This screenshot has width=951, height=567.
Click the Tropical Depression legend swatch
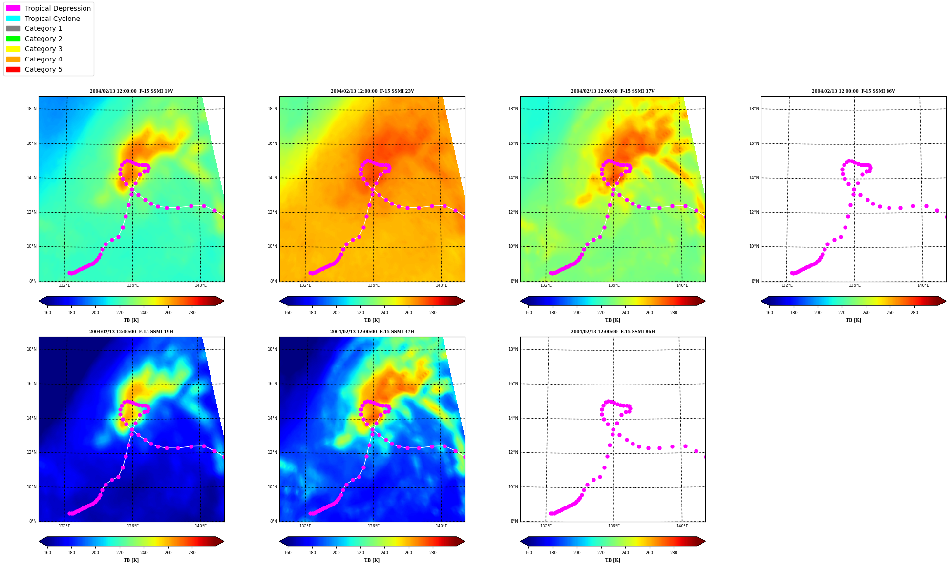coord(13,8)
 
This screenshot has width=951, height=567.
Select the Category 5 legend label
coord(43,69)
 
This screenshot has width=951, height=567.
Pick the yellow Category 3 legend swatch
coord(13,49)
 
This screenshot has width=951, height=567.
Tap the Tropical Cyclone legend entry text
coord(52,19)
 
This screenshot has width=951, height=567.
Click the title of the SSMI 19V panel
coord(131,91)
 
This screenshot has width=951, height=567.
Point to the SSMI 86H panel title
coord(613,332)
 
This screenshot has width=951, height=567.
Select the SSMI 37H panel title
coord(372,332)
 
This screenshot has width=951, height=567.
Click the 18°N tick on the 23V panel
coord(273,109)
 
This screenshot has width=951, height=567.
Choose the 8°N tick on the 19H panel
coord(33,521)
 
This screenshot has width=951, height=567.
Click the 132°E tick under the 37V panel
coord(546,285)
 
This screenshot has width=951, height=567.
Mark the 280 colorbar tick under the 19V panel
coord(192,313)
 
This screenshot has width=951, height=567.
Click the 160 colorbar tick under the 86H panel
coord(528,553)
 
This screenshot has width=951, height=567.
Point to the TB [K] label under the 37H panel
coord(372,560)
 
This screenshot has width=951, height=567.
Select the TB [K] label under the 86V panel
coord(853,320)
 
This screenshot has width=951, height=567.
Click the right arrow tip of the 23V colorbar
coord(465,301)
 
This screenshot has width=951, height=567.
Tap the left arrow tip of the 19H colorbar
coord(39,541)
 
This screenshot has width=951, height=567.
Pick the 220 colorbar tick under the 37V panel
coord(601,313)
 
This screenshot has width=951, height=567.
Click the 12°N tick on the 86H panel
coord(513,452)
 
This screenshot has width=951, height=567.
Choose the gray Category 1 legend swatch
coord(13,29)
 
